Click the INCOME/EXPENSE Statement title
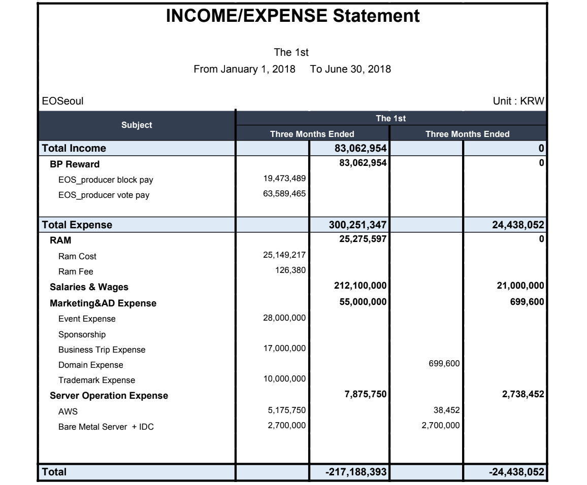(x=293, y=16)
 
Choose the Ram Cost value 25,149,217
(x=282, y=255)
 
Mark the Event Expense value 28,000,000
(x=282, y=318)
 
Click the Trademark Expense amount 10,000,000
(x=282, y=379)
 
